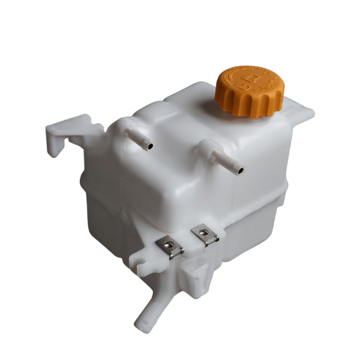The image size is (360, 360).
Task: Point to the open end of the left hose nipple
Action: (149, 146)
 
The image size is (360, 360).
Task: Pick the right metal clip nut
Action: (204, 235)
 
